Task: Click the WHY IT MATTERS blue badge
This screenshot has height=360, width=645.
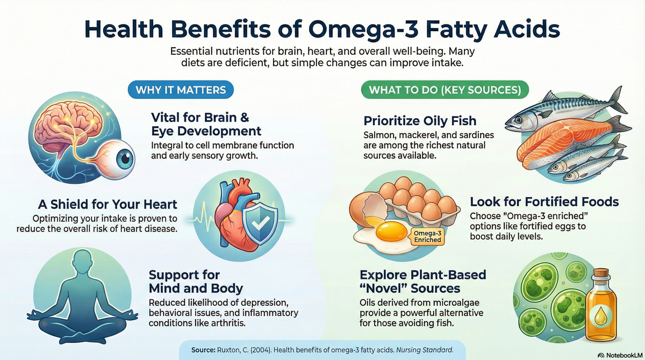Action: pyautogui.click(x=180, y=89)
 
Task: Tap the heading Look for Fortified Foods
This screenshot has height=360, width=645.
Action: pyautogui.click(x=544, y=202)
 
